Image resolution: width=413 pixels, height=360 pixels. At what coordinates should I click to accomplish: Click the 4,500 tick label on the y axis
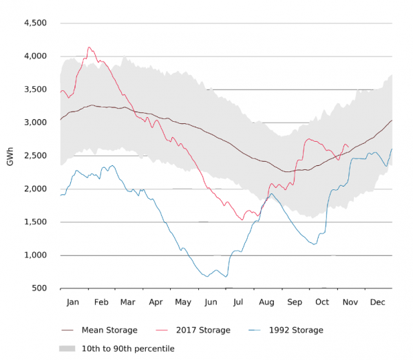point(35,23)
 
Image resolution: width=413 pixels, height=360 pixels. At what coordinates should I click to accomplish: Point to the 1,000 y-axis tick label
point(35,255)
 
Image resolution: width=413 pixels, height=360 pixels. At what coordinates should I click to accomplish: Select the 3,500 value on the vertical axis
point(35,89)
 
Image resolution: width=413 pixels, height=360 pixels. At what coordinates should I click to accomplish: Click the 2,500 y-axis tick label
point(35,156)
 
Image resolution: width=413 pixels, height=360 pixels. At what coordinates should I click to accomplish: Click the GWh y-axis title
point(10,156)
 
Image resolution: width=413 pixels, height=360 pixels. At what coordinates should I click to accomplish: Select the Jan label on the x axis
point(74,302)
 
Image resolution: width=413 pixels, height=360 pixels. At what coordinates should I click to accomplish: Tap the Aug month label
point(266,302)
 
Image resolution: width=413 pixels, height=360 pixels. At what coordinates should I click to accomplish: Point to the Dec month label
point(377,302)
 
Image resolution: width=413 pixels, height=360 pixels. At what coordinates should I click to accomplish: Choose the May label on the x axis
point(183,302)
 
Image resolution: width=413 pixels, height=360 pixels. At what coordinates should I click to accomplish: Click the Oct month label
point(322,302)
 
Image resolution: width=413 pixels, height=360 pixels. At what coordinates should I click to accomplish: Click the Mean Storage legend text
point(109,330)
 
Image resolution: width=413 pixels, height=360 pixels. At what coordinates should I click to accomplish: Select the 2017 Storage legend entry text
point(200,330)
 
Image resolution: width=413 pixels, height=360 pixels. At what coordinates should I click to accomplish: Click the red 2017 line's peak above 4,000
point(89,47)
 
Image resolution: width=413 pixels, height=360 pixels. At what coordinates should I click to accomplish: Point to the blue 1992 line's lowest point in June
point(226,277)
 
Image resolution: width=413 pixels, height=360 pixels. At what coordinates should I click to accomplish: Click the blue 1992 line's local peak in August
point(271,194)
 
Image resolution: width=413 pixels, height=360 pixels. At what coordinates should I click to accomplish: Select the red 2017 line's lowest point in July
point(241,220)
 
